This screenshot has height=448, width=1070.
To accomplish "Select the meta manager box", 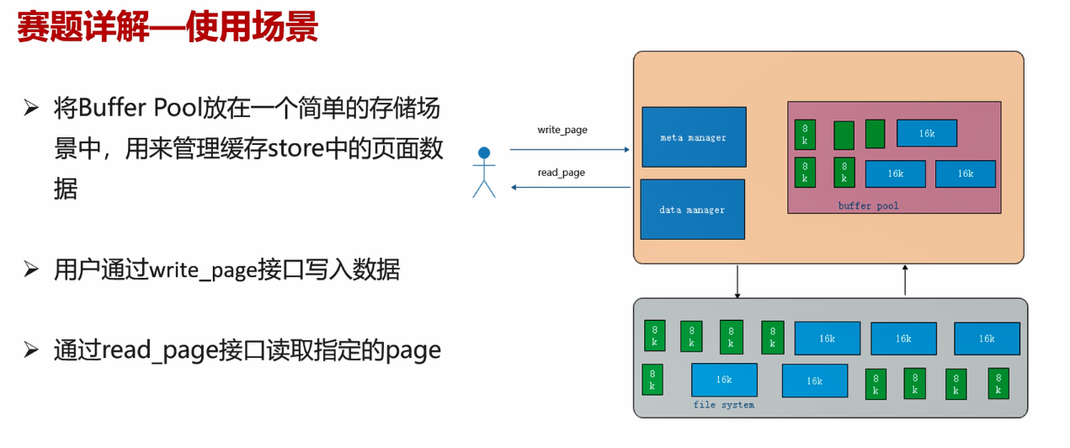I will (x=694, y=137).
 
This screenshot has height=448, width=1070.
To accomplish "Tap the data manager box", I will (x=692, y=210).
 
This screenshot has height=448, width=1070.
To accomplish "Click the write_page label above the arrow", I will (x=562, y=130).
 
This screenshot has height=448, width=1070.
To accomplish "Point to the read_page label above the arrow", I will (x=561, y=173).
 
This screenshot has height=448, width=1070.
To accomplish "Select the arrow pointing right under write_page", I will (x=569, y=150).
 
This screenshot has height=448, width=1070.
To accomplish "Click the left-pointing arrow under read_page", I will (x=569, y=187).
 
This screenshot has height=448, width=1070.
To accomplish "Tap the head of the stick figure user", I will (x=484, y=153).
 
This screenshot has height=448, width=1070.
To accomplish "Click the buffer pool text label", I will (x=868, y=205).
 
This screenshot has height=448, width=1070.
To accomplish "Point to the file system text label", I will (x=723, y=405).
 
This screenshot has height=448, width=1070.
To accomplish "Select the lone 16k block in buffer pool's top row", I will (x=926, y=133).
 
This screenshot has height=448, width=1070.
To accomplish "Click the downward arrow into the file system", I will (x=737, y=281).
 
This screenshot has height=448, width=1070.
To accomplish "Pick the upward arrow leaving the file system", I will (x=905, y=281).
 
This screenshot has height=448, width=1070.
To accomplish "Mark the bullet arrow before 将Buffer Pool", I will (x=31, y=109).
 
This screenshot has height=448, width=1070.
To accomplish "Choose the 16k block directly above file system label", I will (x=723, y=380).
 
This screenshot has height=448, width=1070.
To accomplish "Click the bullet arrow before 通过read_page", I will (x=31, y=349).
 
